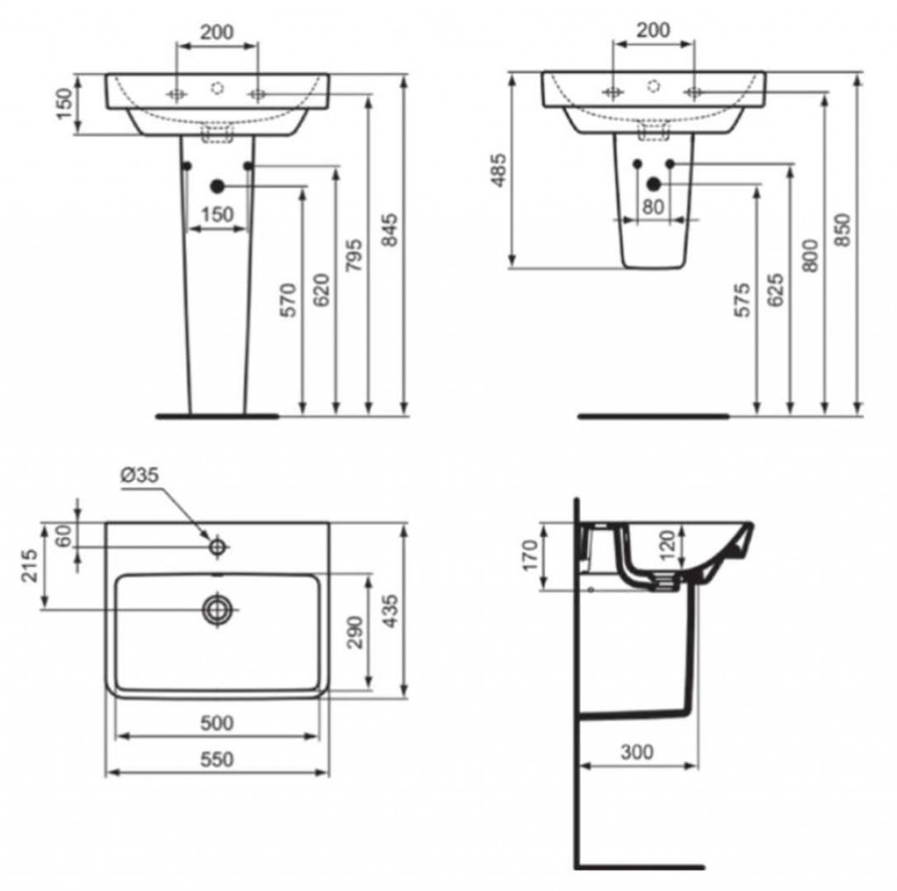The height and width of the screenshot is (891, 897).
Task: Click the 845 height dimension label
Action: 389,230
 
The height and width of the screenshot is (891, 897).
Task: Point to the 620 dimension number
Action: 321,290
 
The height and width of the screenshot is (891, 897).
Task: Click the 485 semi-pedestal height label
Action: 498,170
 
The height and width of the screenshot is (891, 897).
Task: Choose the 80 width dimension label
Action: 653,207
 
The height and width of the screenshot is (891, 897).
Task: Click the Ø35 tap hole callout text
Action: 139,475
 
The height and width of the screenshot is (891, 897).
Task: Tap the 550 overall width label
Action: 217,759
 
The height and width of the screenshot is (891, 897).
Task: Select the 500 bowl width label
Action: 217,723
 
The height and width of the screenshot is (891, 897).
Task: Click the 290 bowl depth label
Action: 356,633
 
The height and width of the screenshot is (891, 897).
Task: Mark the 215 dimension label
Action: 29,565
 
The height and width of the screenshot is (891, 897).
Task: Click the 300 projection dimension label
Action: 637,752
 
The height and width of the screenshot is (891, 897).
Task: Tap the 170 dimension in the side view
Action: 530,555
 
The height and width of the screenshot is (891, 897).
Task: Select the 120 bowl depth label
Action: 667,546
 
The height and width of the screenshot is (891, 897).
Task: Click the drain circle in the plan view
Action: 217,610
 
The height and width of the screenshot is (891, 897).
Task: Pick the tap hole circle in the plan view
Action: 217,547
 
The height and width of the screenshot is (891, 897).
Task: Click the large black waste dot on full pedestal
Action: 217,186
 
